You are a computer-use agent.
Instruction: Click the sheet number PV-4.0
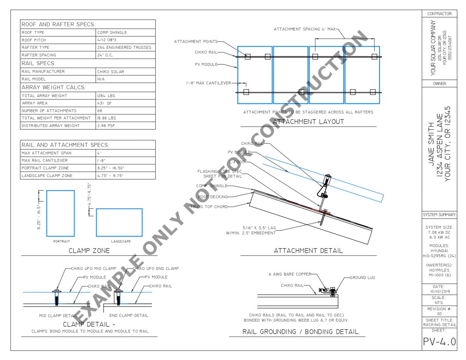point(439,342)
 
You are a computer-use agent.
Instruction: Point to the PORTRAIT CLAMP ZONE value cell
point(111,168)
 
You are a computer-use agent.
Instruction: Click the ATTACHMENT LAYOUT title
point(308,122)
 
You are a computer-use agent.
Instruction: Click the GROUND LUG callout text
point(363,278)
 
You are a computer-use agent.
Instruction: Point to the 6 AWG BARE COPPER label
point(290,274)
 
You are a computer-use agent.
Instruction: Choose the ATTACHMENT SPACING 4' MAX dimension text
point(304,29)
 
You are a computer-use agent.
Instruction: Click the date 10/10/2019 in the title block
point(439,291)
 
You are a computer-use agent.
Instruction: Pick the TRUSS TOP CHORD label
point(209,207)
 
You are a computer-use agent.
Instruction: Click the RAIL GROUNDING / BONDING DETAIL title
point(301,332)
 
